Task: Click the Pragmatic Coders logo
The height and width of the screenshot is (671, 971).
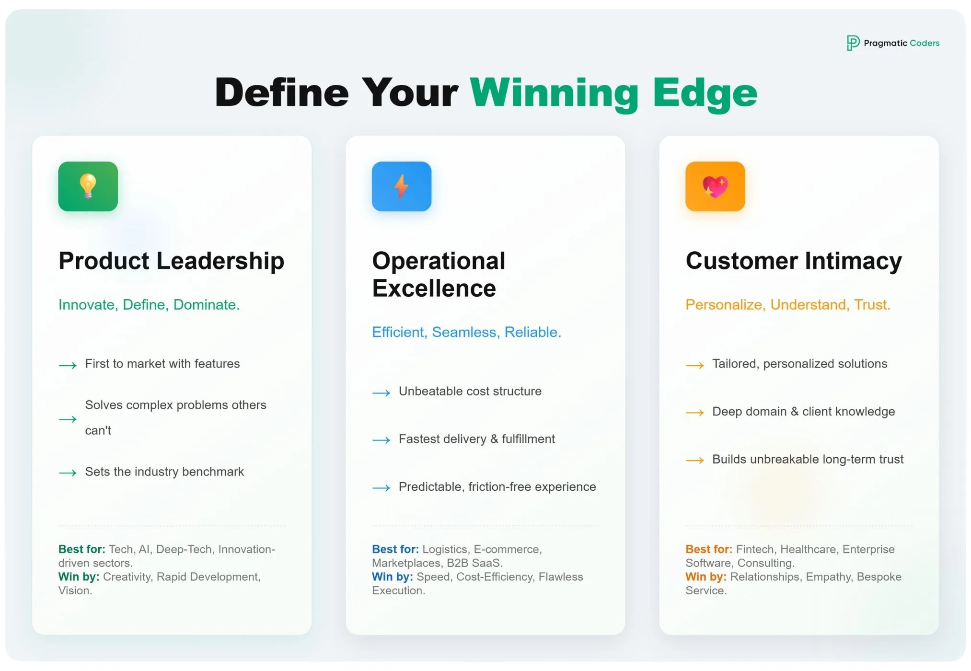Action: coord(892,43)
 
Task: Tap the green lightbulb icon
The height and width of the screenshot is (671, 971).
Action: coord(88,186)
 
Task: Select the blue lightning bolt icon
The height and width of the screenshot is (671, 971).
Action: coord(402,186)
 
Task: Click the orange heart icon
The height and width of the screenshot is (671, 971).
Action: coord(715,186)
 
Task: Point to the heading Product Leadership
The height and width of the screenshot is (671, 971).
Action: coord(171,261)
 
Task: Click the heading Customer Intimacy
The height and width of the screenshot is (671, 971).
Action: coord(794,261)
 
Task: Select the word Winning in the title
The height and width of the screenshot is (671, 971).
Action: coord(555,93)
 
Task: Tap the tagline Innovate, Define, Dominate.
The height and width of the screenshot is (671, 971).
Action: coord(149,305)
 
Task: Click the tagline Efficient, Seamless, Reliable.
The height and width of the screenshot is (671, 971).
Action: coord(466,332)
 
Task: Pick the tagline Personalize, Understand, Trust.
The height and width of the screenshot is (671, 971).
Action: coord(787,305)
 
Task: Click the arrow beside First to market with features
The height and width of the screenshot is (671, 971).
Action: coord(68,366)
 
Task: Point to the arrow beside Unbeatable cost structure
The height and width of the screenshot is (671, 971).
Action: coord(381,393)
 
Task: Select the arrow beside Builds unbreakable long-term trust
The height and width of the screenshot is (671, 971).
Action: coord(694,461)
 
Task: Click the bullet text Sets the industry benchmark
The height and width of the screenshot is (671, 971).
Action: coord(164,472)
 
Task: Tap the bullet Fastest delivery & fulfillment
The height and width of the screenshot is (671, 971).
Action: coord(476,439)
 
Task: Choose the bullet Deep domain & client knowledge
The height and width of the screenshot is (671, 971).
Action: coord(803,412)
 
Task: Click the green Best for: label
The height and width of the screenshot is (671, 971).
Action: coord(81,549)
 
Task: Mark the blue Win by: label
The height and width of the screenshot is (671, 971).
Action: coord(392,577)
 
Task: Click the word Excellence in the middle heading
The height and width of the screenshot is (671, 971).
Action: coord(434,289)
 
